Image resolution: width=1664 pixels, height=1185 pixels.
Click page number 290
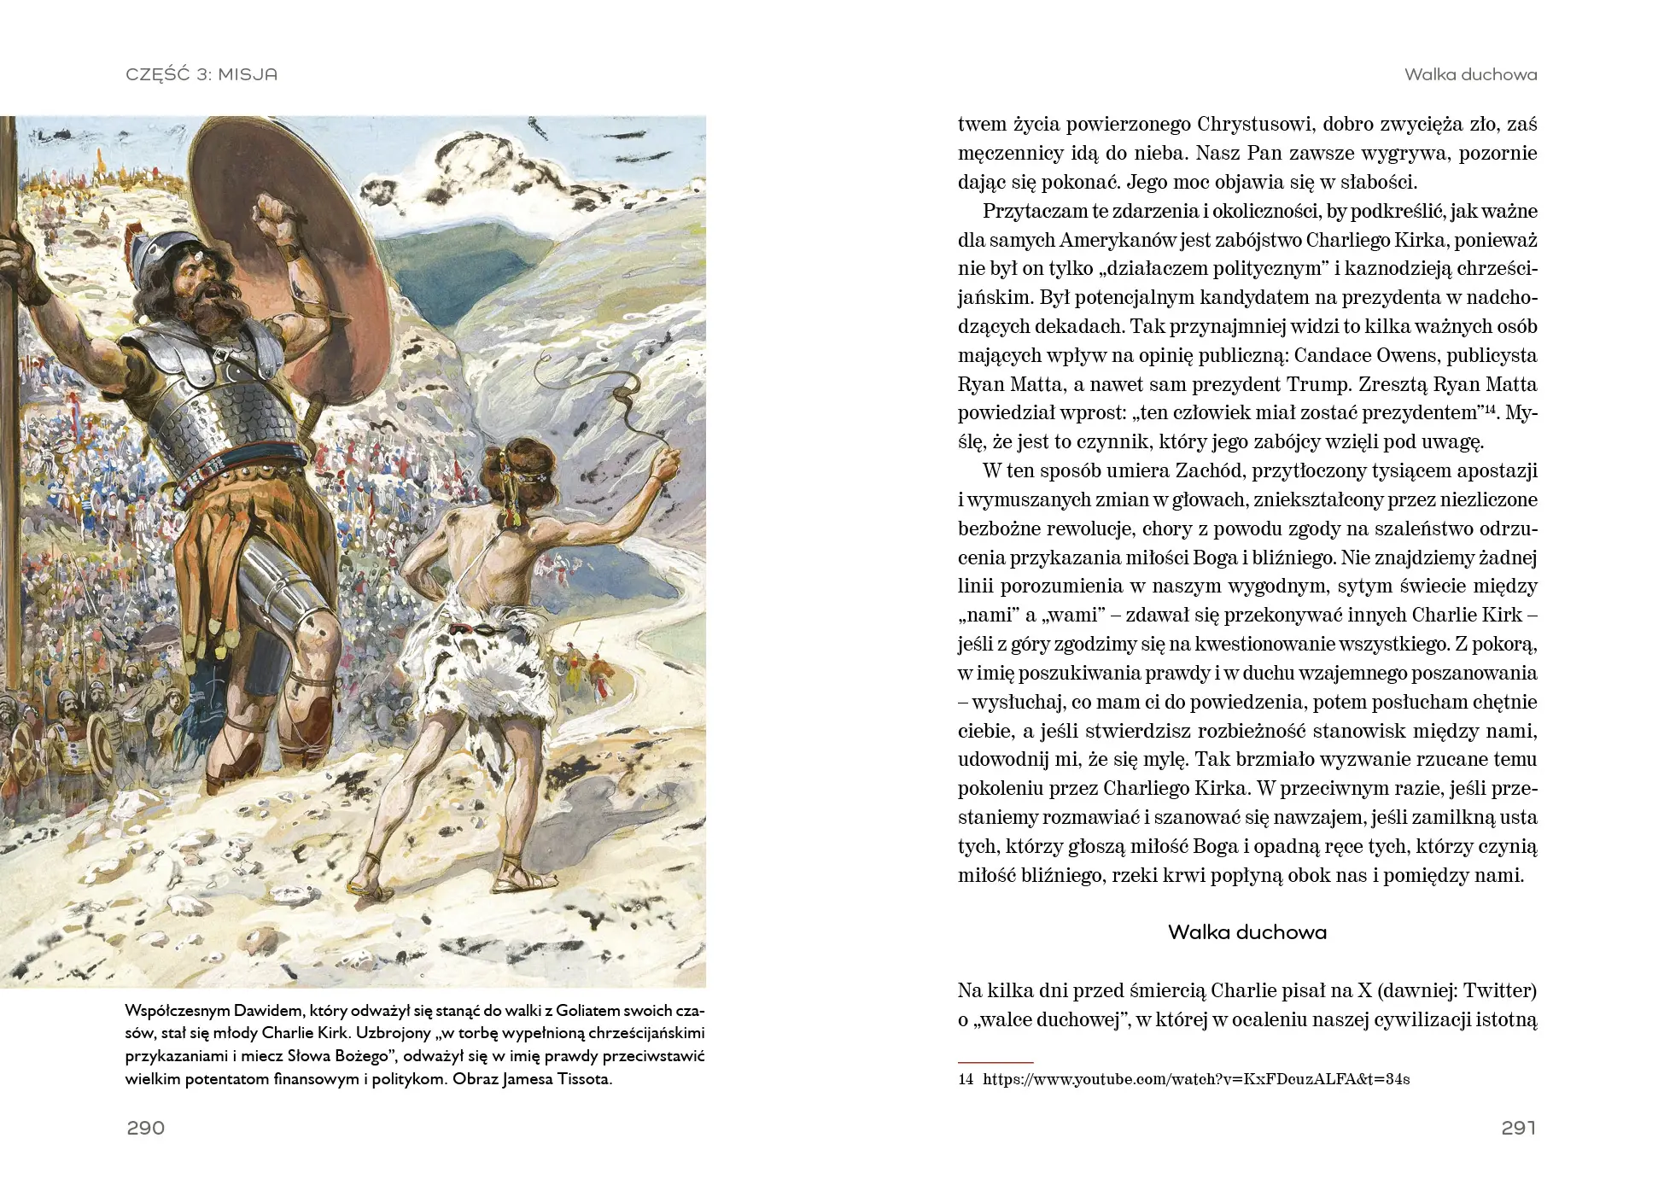pyautogui.click(x=145, y=1128)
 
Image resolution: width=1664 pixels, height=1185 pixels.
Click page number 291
pyautogui.click(x=1518, y=1128)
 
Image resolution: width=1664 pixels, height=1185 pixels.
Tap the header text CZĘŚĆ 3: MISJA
pyautogui.click(x=201, y=74)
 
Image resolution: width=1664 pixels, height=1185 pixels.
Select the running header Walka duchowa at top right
pyautogui.click(x=1470, y=74)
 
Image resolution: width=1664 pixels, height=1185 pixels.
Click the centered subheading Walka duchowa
pyautogui.click(x=1247, y=931)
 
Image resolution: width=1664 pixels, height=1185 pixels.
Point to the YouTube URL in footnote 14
pyautogui.click(x=1195, y=1079)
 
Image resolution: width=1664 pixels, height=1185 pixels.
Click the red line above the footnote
pyautogui.click(x=995, y=1062)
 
